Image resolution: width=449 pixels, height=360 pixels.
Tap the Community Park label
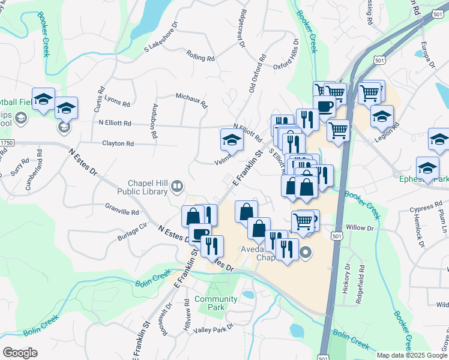coord(215,303)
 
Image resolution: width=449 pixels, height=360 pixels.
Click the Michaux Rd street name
coord(191,100)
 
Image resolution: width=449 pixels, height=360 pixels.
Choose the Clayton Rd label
coord(118,143)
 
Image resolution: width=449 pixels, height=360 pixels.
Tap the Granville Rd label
coord(122,212)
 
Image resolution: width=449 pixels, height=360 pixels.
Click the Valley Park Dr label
coord(213,329)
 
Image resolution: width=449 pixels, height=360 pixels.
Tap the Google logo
coord(20,353)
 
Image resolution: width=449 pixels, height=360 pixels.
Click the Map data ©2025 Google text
coord(412,355)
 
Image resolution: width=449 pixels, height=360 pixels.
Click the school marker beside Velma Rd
coord(231,140)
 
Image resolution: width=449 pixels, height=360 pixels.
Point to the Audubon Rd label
coord(154,122)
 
